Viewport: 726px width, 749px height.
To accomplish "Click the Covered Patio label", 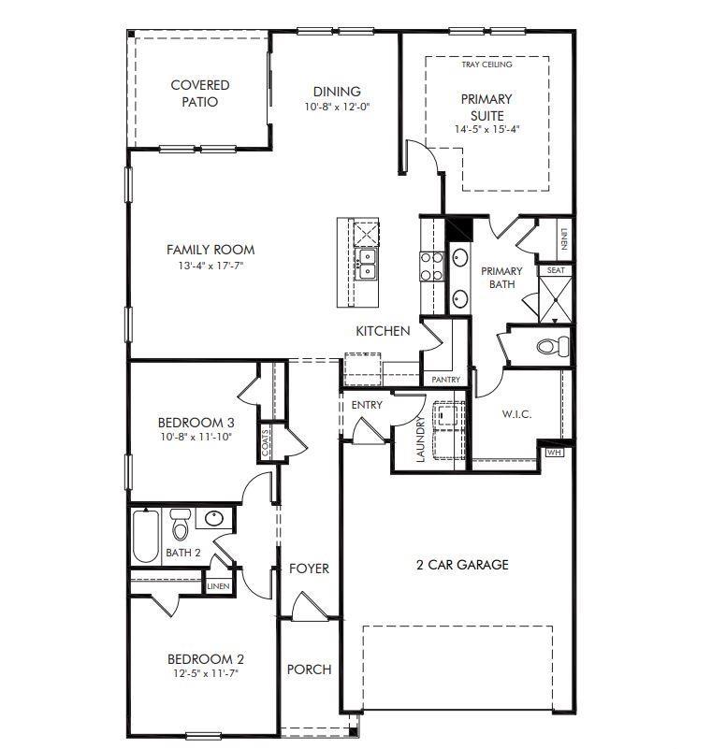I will [199, 94].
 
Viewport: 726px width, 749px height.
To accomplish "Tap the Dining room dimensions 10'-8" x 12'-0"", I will [337, 108].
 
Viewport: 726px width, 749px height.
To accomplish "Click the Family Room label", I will [211, 250].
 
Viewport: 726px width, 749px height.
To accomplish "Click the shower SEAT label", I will [555, 270].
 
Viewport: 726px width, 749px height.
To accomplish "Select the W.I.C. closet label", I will [515, 414].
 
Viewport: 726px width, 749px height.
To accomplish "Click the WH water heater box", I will [554, 453].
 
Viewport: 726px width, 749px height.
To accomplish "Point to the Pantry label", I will [445, 380].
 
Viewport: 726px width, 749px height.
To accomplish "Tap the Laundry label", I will [422, 439].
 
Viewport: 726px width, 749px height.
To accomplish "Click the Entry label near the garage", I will [367, 405].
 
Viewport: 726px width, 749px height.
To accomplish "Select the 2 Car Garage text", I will [462, 565].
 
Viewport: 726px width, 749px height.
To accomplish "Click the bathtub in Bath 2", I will [145, 536].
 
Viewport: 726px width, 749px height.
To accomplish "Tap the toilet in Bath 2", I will [180, 526].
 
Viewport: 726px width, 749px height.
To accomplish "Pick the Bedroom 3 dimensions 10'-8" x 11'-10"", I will [195, 437].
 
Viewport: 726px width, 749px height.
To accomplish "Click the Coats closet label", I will [267, 443].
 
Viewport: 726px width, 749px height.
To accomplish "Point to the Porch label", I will [309, 670].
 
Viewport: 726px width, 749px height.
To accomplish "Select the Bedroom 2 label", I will [206, 657].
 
